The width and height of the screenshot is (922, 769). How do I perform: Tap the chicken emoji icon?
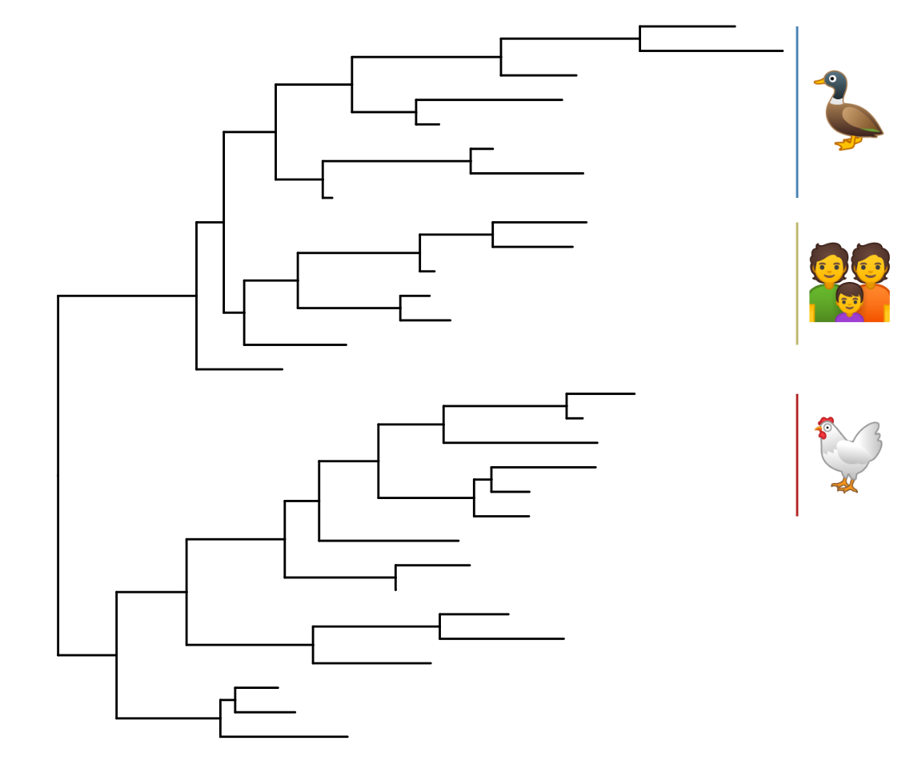click(848, 453)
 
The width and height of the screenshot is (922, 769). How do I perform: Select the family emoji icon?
click(849, 283)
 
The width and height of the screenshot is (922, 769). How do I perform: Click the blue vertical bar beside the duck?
click(797, 112)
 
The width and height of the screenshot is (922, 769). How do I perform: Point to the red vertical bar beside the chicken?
click(797, 454)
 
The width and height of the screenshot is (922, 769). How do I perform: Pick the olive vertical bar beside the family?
click(797, 283)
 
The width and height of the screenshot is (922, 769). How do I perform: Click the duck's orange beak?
click(819, 80)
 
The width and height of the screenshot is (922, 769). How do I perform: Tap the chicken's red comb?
click(824, 421)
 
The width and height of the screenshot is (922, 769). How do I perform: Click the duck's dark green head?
click(835, 83)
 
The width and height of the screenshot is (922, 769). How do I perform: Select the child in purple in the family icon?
click(849, 304)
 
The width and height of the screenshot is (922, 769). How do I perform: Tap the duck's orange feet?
click(846, 144)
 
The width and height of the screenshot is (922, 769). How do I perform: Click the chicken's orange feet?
click(845, 485)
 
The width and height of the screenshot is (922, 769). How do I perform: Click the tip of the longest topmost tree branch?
click(782, 50)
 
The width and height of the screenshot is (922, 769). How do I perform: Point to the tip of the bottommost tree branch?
click(347, 736)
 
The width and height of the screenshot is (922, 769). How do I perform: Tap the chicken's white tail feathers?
click(871, 439)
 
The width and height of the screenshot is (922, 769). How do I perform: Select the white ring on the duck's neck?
click(836, 101)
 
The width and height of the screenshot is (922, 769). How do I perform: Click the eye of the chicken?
click(826, 428)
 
